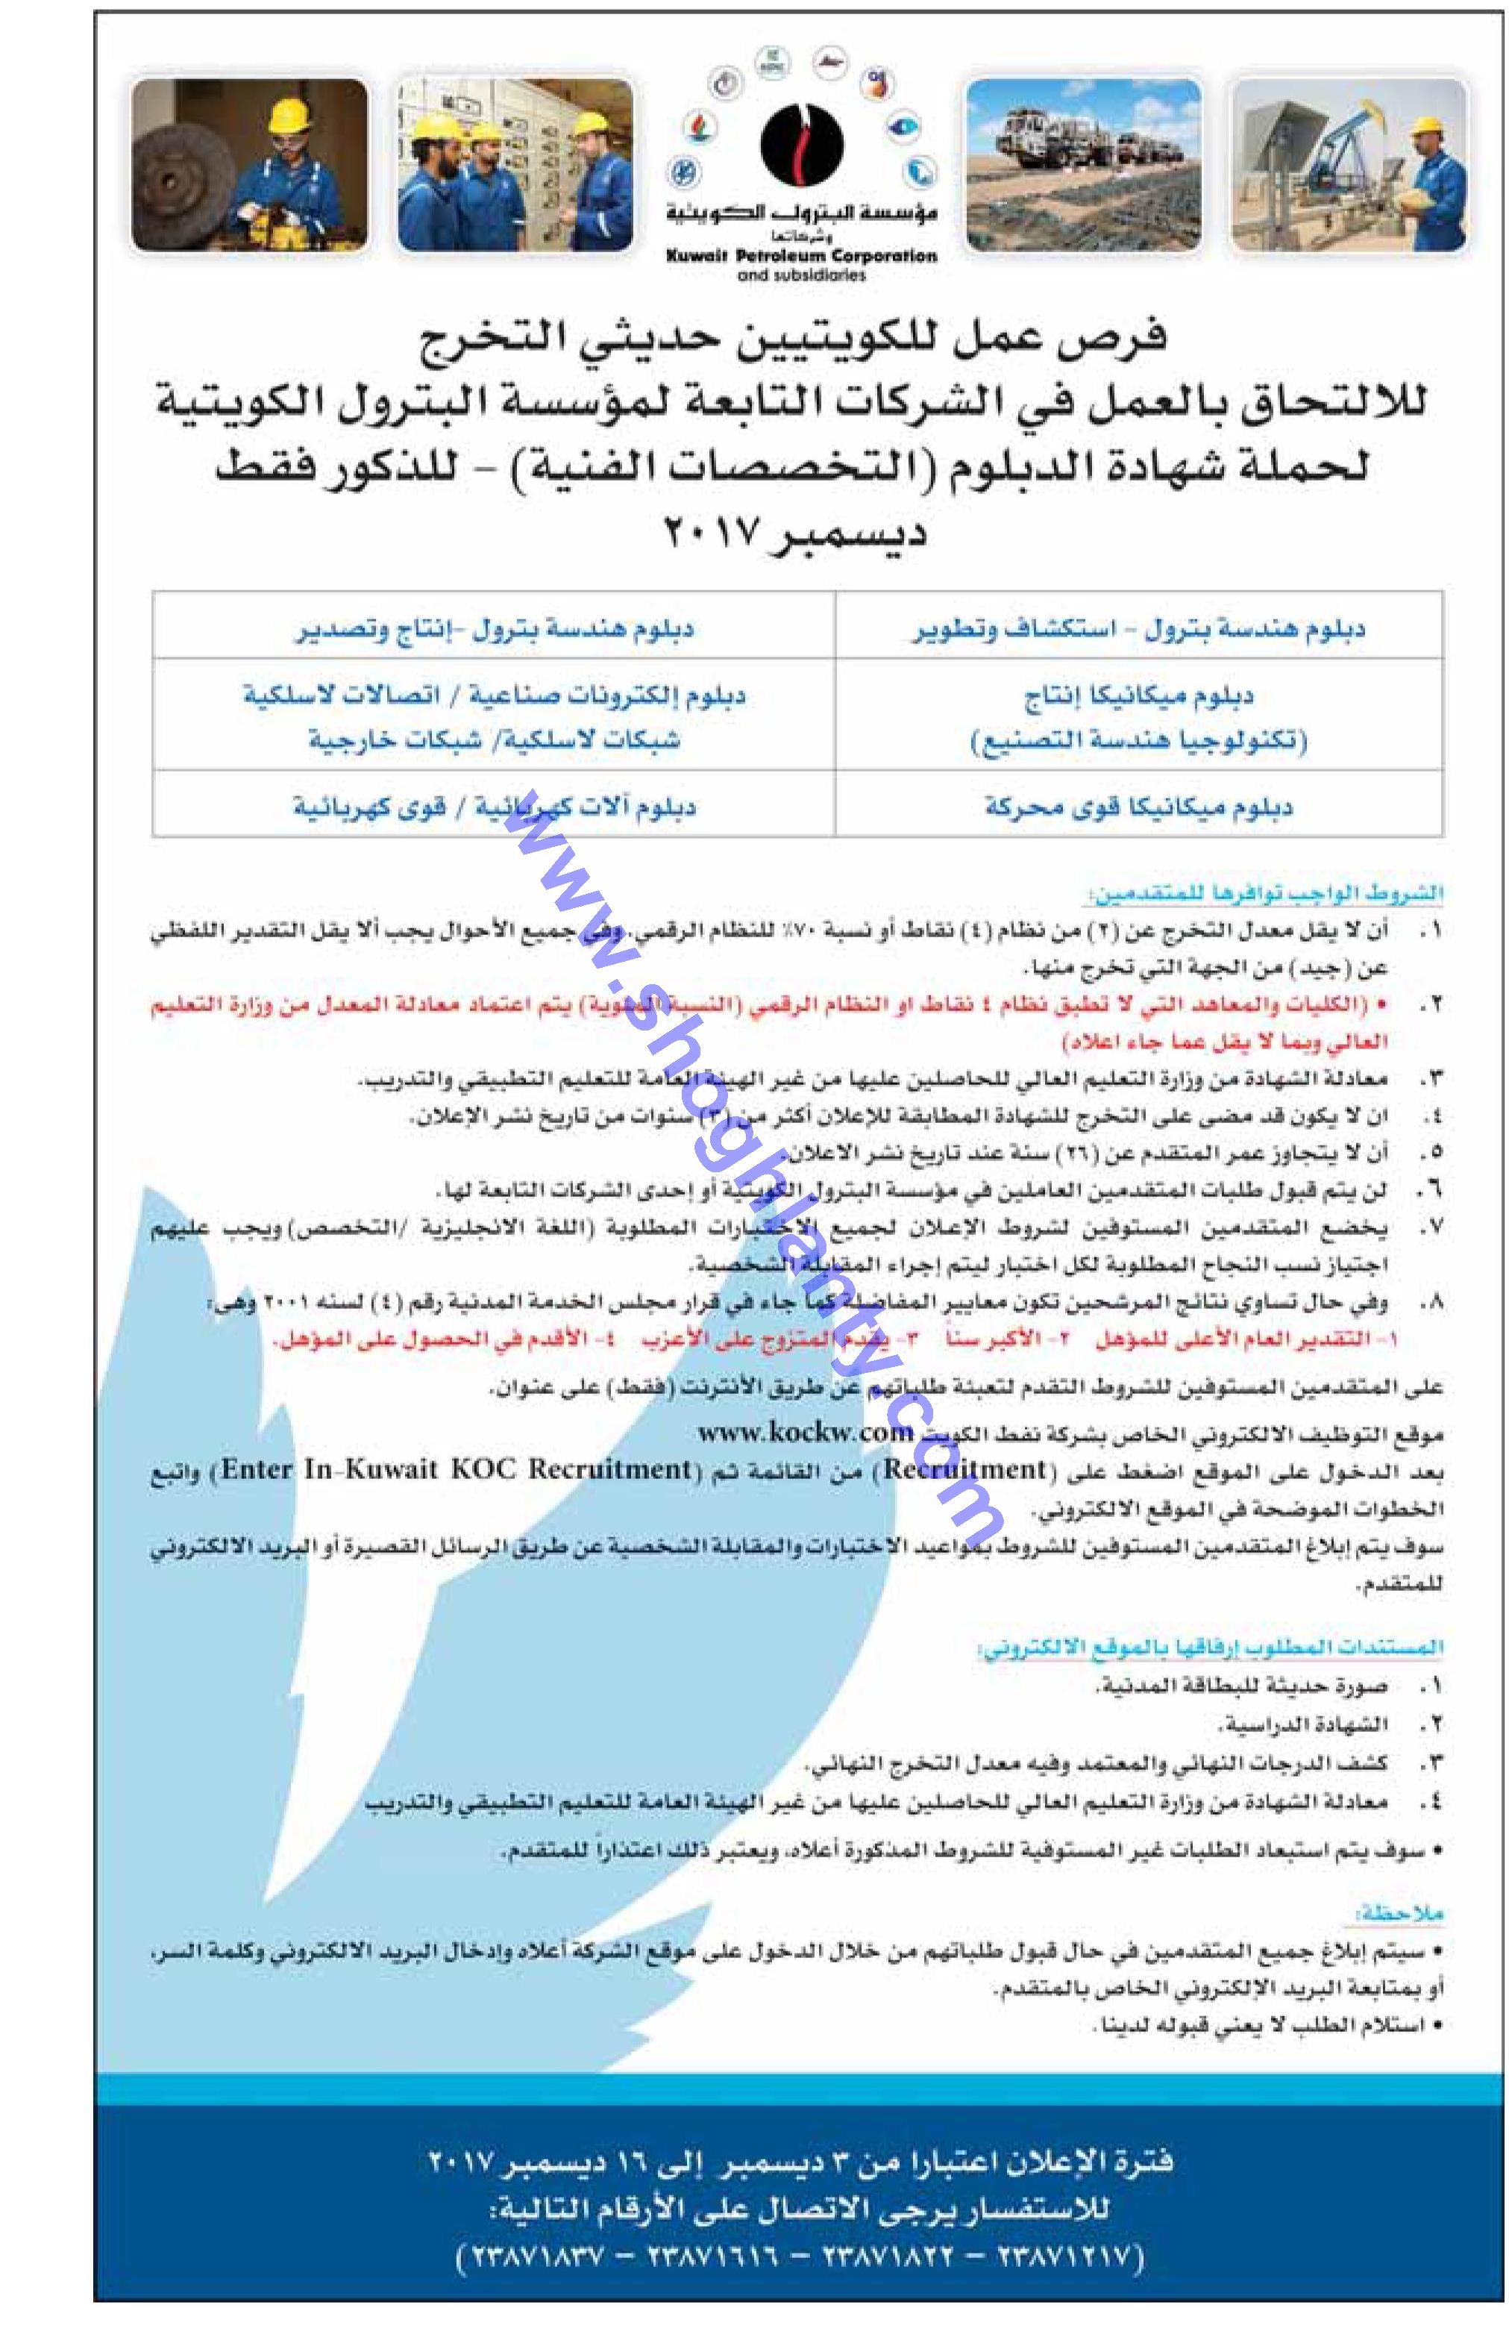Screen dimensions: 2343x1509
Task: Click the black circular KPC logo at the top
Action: click(x=802, y=143)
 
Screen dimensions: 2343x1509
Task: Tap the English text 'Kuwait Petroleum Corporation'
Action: click(x=802, y=256)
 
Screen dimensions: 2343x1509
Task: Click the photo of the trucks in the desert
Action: click(x=1083, y=165)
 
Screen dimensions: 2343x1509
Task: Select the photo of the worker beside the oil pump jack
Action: click(x=1349, y=165)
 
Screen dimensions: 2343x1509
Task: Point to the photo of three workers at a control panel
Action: click(x=515, y=165)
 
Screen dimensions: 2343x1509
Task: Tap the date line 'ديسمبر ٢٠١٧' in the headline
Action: click(x=796, y=535)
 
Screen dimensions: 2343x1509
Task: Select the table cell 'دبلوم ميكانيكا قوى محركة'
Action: click(x=1138, y=807)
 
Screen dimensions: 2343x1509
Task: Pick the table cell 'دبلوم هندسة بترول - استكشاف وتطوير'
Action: click(x=1138, y=628)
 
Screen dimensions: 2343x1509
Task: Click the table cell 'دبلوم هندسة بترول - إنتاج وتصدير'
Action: click(x=495, y=628)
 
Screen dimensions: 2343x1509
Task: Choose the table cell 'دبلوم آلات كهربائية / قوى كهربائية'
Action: click(x=495, y=807)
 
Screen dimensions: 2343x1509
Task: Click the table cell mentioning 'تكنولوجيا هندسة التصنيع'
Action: click(x=1138, y=740)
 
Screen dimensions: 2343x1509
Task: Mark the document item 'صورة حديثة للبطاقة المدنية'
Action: click(x=1240, y=1686)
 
